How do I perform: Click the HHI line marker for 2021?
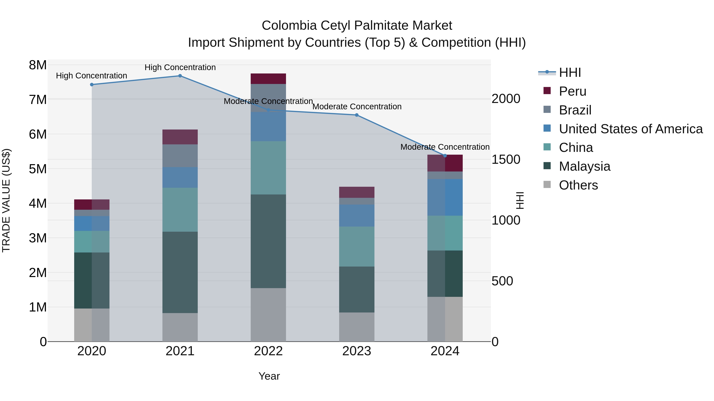coord(180,76)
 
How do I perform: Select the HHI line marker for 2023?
coord(357,115)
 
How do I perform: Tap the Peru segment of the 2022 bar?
coord(268,79)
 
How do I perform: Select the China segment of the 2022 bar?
coord(268,168)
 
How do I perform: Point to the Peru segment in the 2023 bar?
coord(357,192)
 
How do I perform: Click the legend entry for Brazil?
coord(575,110)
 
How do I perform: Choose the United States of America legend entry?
coord(631,129)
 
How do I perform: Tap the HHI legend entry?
coord(570,72)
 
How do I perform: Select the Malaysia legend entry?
coord(584,166)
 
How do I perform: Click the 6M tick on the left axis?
coord(38,134)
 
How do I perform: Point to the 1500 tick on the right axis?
coord(506,159)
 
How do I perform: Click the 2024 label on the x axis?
coord(445,351)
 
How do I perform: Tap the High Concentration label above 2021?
coord(180,67)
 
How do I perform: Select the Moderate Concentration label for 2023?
coord(357,107)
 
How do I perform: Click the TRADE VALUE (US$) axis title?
coord(6,200)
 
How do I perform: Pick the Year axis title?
coord(269,376)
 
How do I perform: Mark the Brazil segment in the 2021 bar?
coord(180,156)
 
